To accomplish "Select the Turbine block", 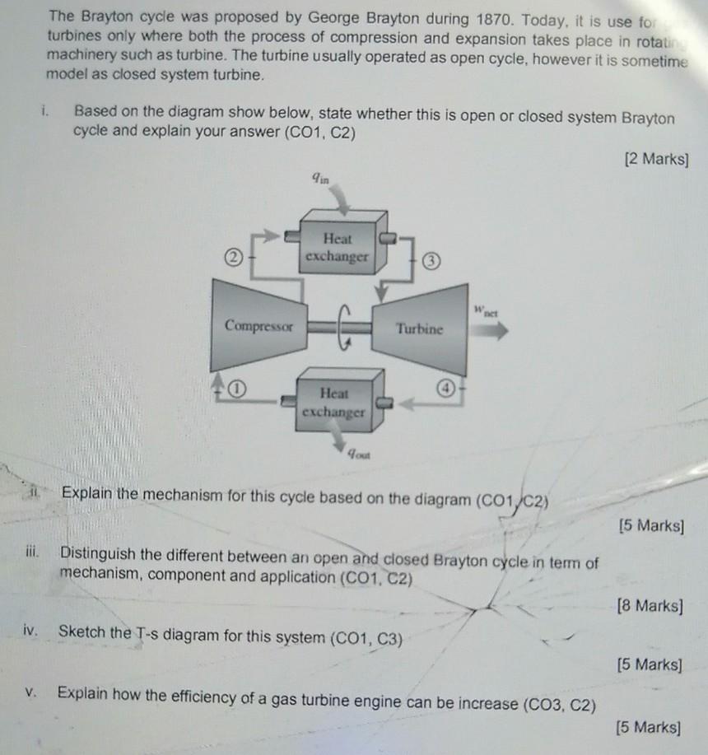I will (420, 328).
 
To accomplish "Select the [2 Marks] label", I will (656, 159).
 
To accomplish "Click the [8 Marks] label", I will (650, 607).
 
